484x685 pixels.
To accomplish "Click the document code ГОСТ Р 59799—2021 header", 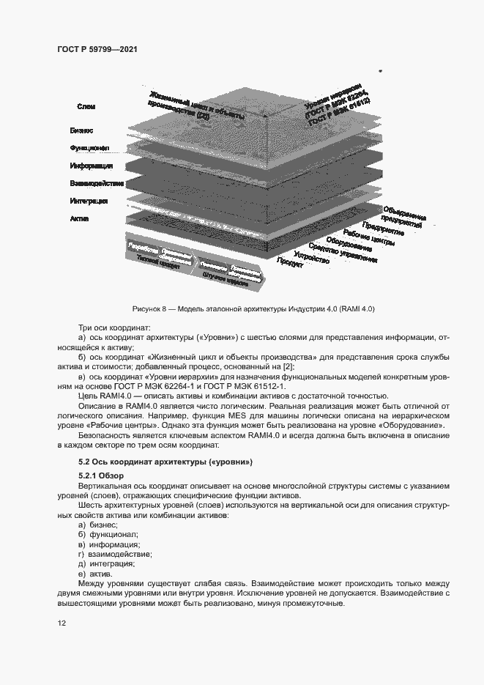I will click(97, 49).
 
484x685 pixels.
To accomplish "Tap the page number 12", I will click(62, 623).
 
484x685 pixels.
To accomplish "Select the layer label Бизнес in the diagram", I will click(81, 130).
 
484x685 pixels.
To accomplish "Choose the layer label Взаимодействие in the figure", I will click(97, 183).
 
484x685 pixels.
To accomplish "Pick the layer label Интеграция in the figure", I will click(89, 201).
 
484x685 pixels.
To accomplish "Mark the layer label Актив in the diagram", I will click(80, 218).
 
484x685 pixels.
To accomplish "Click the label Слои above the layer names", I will click(86, 107).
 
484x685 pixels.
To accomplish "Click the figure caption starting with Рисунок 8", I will click(253, 308).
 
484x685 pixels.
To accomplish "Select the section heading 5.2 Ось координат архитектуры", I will click(165, 462).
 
